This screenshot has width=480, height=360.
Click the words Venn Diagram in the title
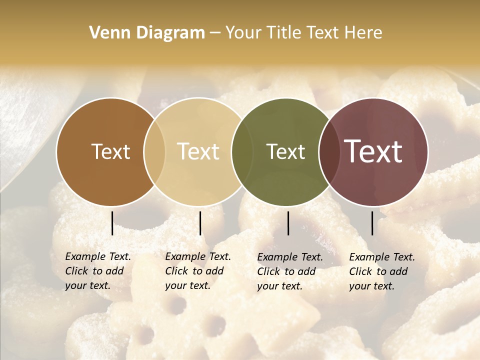(147, 33)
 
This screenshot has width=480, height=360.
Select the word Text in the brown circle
(110, 152)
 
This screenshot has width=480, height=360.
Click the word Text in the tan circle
(198, 152)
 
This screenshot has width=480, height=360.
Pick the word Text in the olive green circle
(286, 152)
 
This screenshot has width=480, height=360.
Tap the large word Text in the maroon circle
(373, 152)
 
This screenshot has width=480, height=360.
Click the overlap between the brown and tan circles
(154, 152)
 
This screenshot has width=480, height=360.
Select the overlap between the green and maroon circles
(328, 152)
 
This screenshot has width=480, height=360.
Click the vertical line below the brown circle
(112, 223)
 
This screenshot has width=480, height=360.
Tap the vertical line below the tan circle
(200, 223)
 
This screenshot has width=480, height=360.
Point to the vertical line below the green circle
(288, 223)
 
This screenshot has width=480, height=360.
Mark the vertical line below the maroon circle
(372, 223)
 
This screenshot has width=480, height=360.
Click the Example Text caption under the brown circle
(98, 271)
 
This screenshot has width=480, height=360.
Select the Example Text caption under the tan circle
(198, 271)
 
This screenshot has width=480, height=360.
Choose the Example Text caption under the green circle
(290, 271)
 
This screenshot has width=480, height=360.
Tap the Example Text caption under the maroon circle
(382, 271)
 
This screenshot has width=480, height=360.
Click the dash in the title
(215, 33)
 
